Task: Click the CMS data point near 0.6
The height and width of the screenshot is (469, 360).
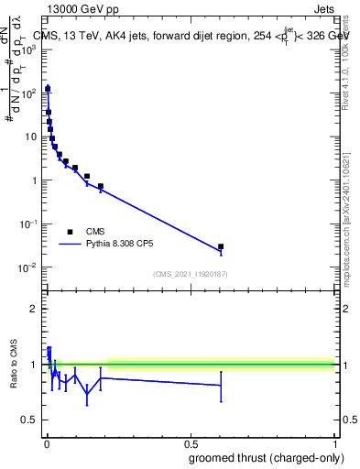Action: [x=221, y=246]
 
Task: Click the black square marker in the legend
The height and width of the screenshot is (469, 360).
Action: [x=70, y=232]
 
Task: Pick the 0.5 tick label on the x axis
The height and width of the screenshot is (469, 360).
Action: [x=191, y=442]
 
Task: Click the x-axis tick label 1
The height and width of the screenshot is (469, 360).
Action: [x=334, y=442]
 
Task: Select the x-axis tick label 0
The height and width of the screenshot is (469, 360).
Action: [x=46, y=442]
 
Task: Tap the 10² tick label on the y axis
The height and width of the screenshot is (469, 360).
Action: [x=28, y=93]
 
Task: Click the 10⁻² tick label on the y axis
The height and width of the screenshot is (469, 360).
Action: [x=28, y=267]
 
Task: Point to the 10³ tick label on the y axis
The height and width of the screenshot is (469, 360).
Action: [x=28, y=49]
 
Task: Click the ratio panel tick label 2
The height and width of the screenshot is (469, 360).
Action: [x=34, y=309]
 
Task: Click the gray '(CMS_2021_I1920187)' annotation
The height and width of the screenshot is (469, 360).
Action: [x=191, y=273]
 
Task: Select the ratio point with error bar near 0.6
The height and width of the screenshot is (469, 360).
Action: [x=221, y=385]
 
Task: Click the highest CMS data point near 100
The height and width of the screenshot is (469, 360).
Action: [x=48, y=89]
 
